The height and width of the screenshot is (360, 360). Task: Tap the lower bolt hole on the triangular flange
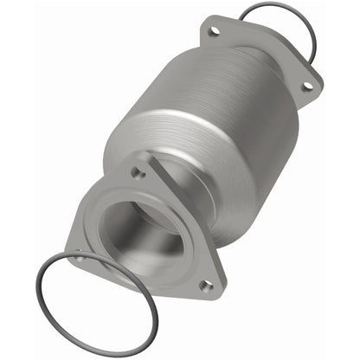[205, 284]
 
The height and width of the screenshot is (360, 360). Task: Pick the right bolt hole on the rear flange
[305, 86]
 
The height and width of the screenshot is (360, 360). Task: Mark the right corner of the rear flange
[313, 87]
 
